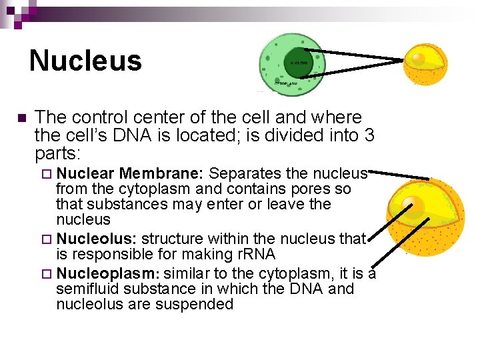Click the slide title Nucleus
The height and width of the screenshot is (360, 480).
[x=85, y=61]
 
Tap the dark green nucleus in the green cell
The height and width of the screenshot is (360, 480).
[x=298, y=63]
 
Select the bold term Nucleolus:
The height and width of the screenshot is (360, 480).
[x=97, y=238]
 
